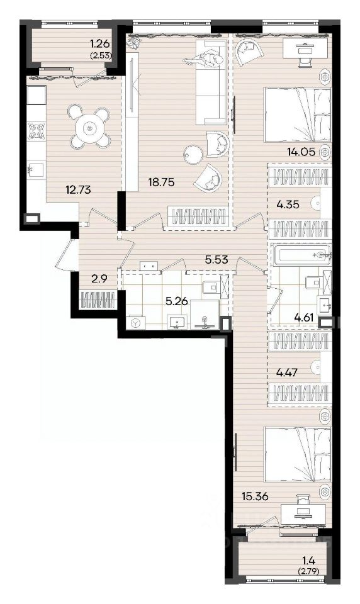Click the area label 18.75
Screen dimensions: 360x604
[x=162, y=182]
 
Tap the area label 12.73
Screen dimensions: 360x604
[x=78, y=189]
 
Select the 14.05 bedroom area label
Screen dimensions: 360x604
[x=301, y=152]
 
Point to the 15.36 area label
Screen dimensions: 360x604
[x=255, y=496]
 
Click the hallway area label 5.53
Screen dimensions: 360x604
[x=217, y=260]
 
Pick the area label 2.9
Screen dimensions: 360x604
[x=99, y=279]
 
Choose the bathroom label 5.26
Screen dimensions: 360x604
[x=176, y=301]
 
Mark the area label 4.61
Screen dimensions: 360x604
[x=304, y=318]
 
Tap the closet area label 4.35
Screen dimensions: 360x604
[x=288, y=204]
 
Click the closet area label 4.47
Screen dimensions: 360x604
[x=288, y=372]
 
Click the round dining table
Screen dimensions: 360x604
[x=89, y=128]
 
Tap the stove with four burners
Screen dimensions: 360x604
[x=36, y=131]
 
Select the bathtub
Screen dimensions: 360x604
[x=301, y=255]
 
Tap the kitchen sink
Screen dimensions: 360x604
[x=36, y=169]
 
